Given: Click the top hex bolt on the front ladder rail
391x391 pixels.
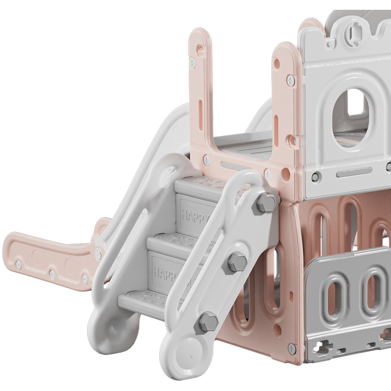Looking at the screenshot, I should (266, 203).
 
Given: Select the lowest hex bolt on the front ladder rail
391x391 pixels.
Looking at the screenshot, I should (208, 322).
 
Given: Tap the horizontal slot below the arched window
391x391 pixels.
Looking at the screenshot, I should (353, 172).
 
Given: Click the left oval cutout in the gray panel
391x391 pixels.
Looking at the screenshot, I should (335, 293).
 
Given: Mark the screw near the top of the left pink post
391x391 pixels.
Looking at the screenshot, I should (193, 62).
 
